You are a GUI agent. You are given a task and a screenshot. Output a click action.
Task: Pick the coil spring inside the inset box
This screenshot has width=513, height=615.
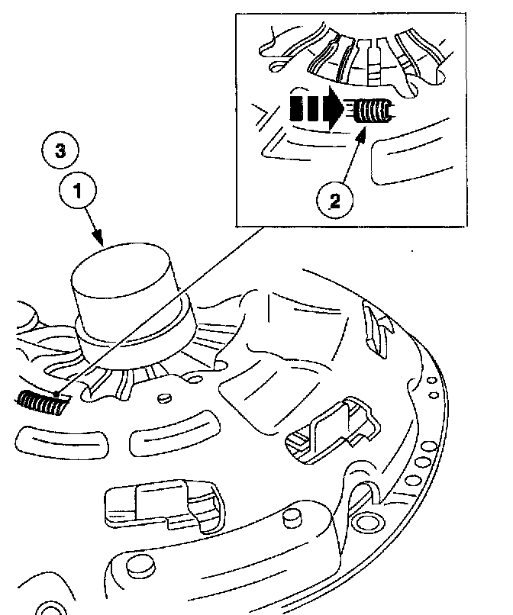(373, 112)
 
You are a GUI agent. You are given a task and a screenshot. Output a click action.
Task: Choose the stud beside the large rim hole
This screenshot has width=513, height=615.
(291, 519)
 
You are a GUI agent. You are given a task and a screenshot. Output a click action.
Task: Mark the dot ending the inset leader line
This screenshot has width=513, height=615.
(56, 392)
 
